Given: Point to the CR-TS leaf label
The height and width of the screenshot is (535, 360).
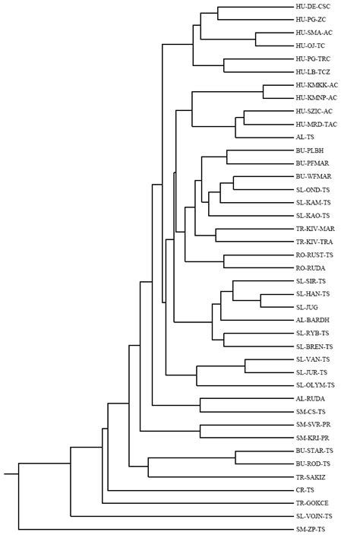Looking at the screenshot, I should click(x=305, y=489).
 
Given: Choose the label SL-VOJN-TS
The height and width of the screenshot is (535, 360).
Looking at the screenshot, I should click(x=313, y=515).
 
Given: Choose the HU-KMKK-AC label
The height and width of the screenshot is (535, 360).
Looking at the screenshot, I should click(x=317, y=85).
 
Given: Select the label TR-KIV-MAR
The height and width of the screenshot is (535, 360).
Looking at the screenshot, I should click(x=315, y=229).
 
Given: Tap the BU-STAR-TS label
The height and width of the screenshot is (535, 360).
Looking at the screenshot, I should click(x=314, y=450).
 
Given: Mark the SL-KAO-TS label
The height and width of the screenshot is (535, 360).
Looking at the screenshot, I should click(x=311, y=216).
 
